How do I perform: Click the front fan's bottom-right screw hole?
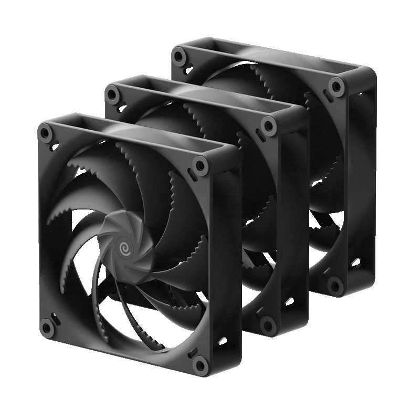(x=199, y=364)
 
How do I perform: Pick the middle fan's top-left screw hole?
(x=112, y=94)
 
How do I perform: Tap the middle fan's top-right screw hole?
(x=269, y=125)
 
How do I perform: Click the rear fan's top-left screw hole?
(x=180, y=54)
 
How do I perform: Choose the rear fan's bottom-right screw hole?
(x=334, y=285)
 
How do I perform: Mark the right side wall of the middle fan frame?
(x=297, y=220)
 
